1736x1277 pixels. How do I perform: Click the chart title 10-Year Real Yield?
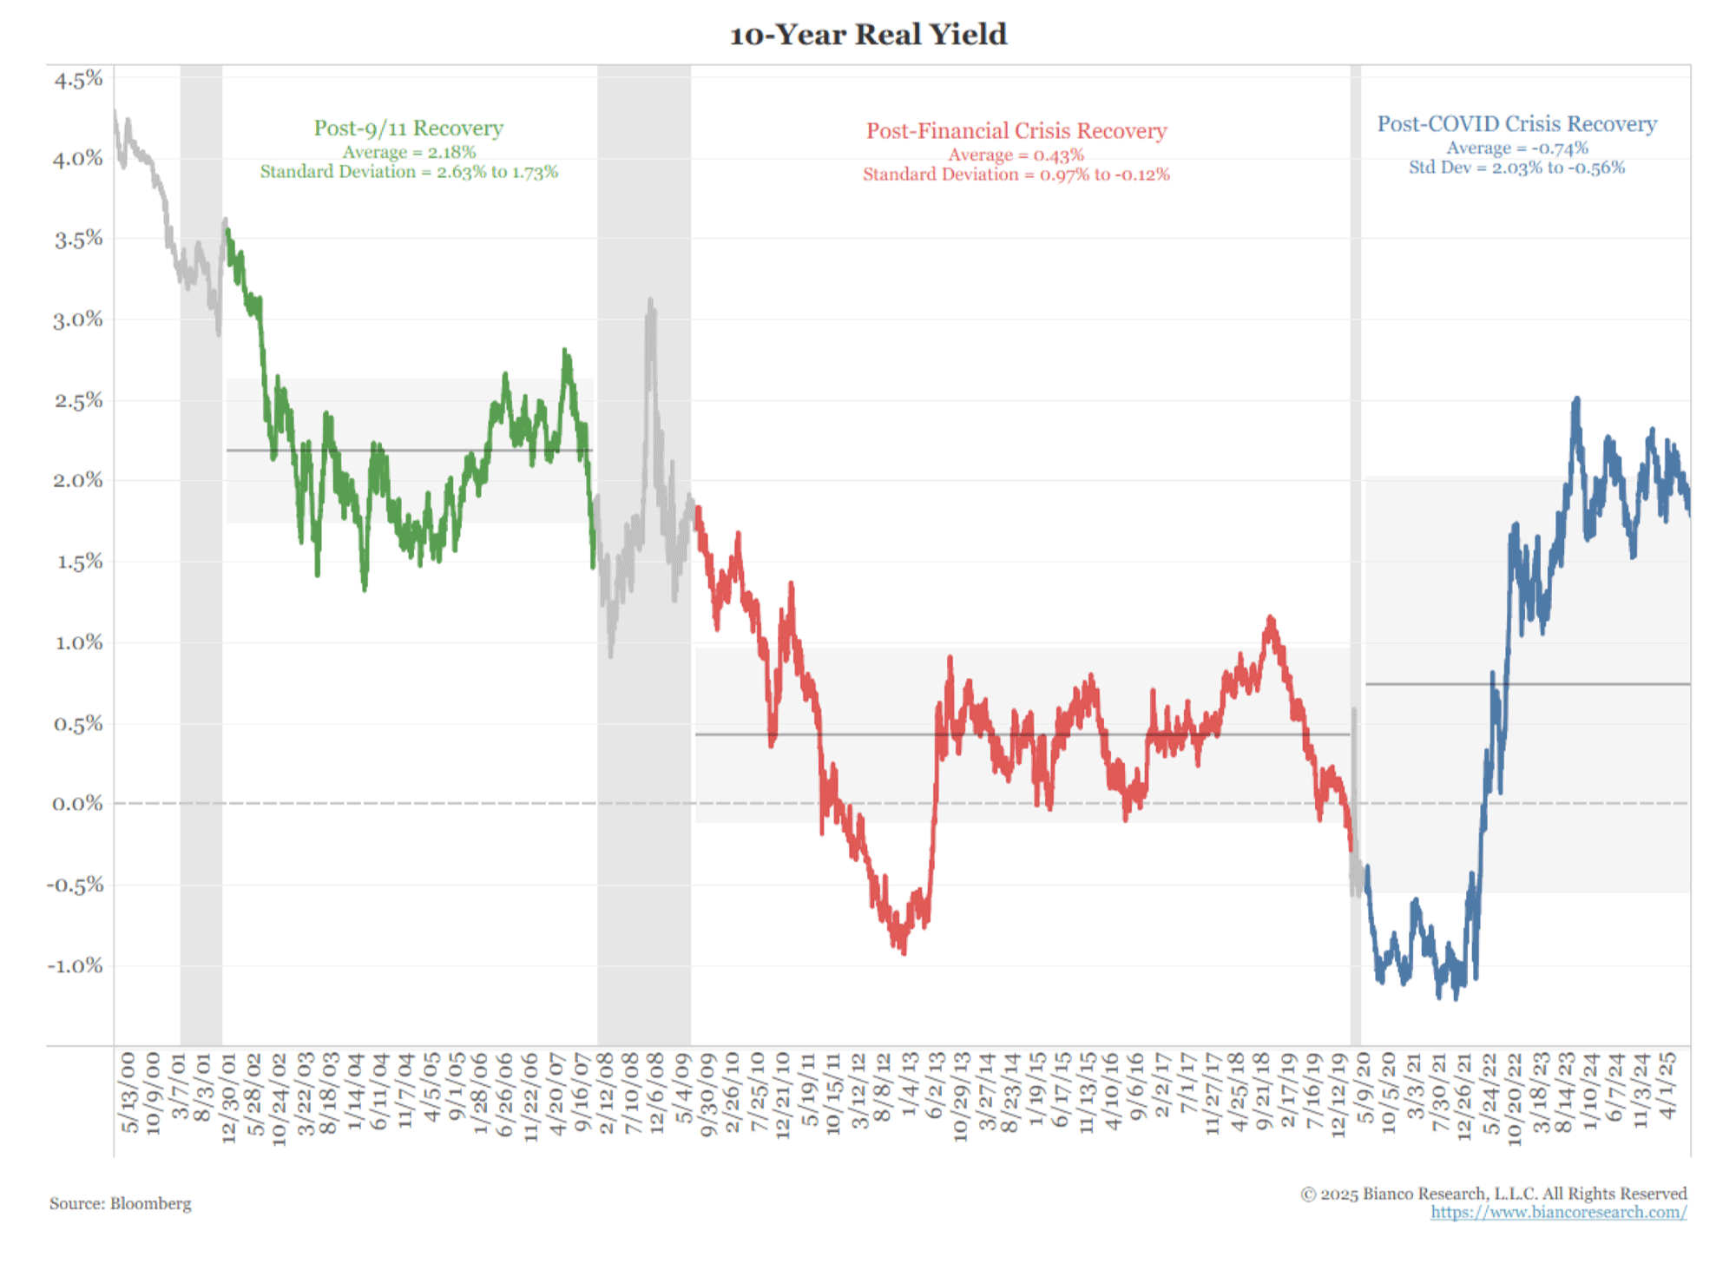[x=868, y=35]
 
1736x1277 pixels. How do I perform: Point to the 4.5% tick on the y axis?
[x=78, y=80]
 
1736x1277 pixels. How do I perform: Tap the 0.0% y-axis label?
[x=77, y=804]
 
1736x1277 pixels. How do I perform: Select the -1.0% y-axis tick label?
[x=75, y=965]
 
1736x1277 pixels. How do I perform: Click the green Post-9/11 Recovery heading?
[x=408, y=128]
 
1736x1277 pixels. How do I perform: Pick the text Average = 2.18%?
[x=408, y=152]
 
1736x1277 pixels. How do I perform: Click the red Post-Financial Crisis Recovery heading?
[x=1016, y=131]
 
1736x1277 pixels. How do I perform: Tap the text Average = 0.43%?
[x=1016, y=155]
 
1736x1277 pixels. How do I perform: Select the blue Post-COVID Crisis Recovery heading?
[x=1516, y=124]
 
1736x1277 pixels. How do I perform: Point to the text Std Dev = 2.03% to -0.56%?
[x=1516, y=168]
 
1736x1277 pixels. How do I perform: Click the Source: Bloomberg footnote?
[x=120, y=1203]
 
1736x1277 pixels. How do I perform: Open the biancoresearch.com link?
[x=1558, y=1212]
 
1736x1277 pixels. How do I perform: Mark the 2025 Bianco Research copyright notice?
[x=1493, y=1194]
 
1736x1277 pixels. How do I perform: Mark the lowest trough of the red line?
[x=904, y=953]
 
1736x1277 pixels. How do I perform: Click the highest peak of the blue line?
[x=1576, y=398]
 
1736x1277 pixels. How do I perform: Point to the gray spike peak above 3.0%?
[x=650, y=300]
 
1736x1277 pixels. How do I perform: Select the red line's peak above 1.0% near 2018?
[x=1271, y=617]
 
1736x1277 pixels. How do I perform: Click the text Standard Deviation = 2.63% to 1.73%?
[x=409, y=172]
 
